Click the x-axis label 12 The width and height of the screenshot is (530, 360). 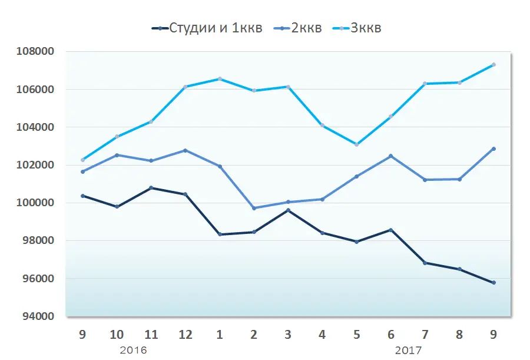[x=185, y=335]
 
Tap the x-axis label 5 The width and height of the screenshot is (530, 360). [x=356, y=335]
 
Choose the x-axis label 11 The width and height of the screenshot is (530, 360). [x=151, y=335]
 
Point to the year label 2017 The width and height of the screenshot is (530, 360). [x=408, y=350]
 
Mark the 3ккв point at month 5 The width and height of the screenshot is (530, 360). [x=357, y=144]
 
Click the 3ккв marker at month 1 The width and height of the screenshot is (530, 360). [x=220, y=78]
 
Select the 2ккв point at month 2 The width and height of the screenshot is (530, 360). [x=254, y=208]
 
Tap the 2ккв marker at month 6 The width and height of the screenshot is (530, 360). [x=391, y=156]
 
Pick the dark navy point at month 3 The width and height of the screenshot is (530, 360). [x=288, y=210]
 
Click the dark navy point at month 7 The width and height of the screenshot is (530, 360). [x=425, y=263]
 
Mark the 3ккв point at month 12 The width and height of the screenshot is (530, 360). [x=185, y=87]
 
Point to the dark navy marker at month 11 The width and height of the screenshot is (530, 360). [x=151, y=188]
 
